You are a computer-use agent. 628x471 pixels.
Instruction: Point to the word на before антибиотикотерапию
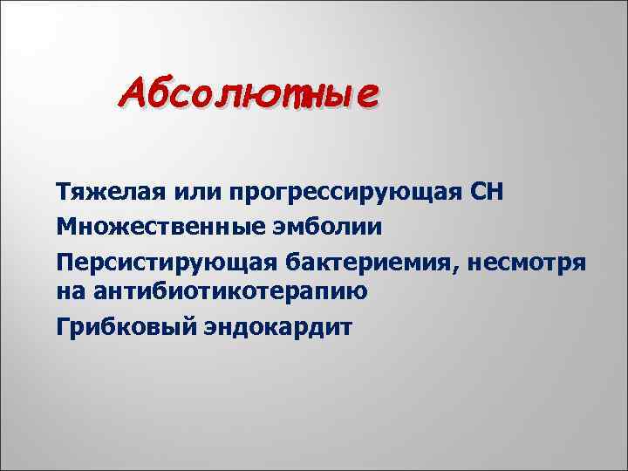tap(72, 291)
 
